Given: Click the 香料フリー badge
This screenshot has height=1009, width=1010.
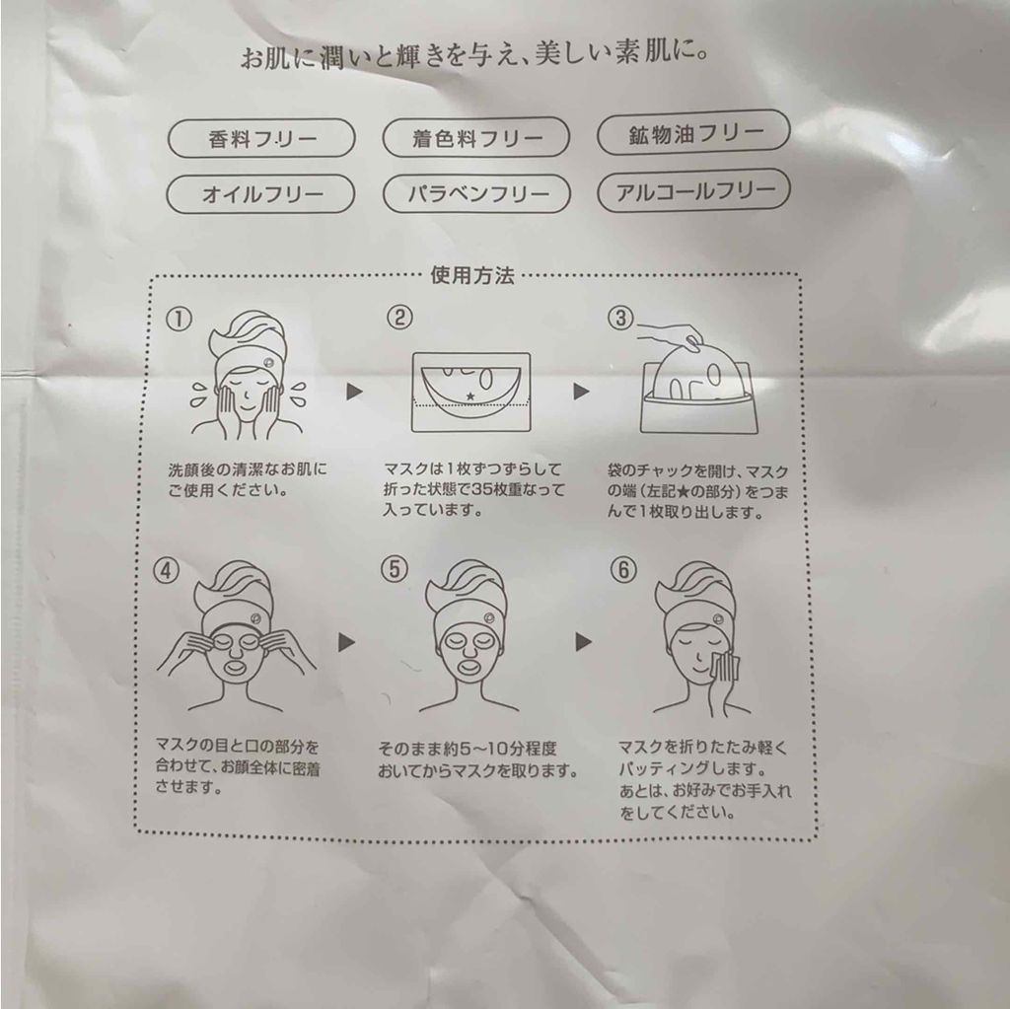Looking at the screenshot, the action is [261, 138].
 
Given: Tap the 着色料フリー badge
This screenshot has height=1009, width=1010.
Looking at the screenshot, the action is [476, 137].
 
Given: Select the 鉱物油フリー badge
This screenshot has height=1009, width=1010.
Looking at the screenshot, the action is [693, 133].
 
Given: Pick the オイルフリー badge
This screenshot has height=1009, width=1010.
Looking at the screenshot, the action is [260, 194].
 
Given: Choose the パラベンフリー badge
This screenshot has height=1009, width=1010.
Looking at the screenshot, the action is [476, 193].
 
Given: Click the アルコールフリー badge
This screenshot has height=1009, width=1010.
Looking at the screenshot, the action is [693, 190].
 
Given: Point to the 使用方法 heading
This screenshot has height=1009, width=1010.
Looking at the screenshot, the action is [472, 276].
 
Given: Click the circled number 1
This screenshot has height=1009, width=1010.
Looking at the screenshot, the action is [180, 319].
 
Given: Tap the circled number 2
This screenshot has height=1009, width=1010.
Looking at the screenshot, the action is [399, 317].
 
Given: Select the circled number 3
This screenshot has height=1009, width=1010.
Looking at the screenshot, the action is [621, 318].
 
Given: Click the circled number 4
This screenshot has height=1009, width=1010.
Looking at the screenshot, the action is [166, 571].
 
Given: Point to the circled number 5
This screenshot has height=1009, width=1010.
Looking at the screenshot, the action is [395, 569].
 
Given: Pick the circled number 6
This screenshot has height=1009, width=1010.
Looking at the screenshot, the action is [623, 569].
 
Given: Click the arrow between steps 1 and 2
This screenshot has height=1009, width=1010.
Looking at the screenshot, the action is [354, 392].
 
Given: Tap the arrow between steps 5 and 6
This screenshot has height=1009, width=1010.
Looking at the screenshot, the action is [583, 642].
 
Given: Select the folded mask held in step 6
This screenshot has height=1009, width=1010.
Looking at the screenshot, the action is [725, 667].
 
